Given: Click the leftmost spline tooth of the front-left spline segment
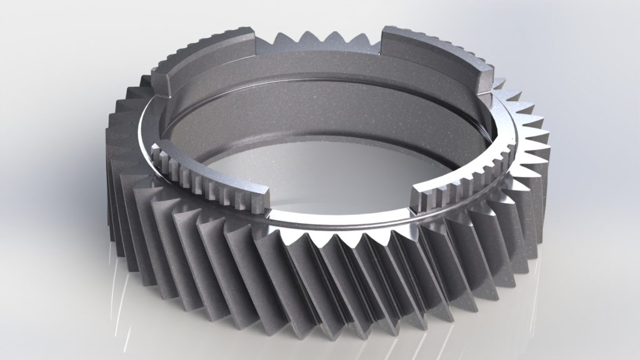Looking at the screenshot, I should (x=159, y=154).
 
